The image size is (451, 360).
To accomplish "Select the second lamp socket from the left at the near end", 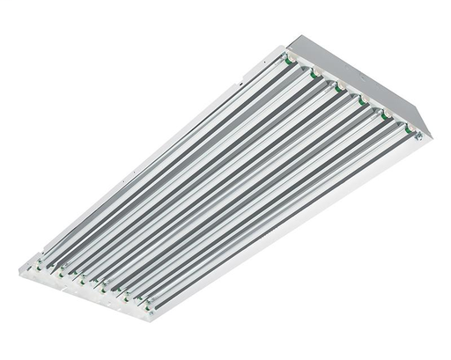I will [59, 271].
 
